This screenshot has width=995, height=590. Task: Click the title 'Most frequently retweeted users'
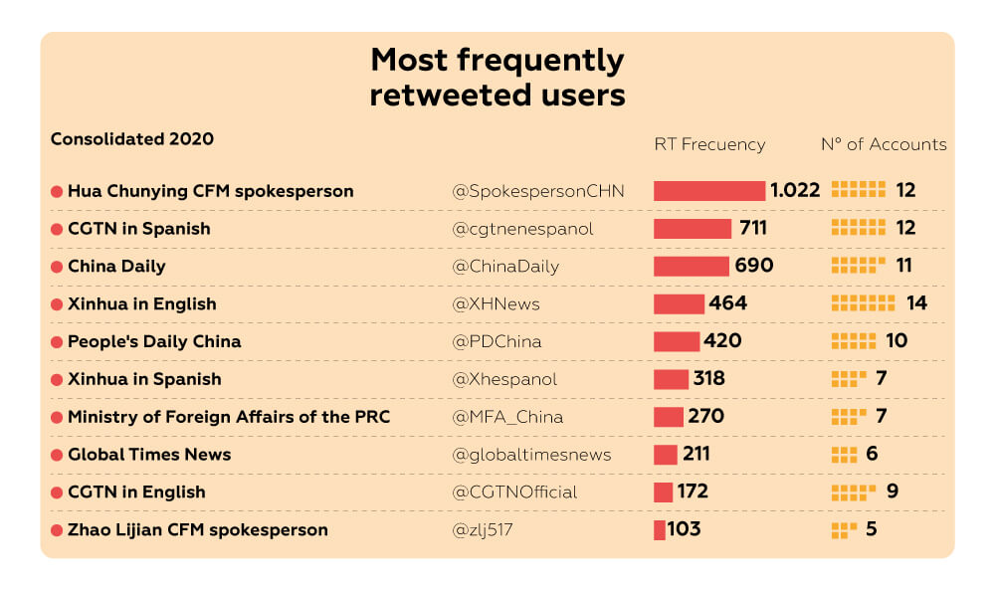[497, 78]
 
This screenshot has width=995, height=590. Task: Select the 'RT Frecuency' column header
[709, 144]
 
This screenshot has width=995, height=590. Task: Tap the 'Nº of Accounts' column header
[883, 144]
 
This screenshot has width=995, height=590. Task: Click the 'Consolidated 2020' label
[132, 139]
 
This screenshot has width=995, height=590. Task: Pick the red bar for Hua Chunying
[708, 191]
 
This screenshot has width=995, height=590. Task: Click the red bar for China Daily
[691, 267]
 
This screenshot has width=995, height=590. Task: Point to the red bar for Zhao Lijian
[659, 530]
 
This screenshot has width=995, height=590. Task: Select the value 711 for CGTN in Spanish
[753, 229]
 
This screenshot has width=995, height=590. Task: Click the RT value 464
[727, 303]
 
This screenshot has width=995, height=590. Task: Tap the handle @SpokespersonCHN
[538, 191]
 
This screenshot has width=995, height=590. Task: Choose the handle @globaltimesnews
[531, 455]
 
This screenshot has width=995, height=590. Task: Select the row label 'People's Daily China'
[154, 341]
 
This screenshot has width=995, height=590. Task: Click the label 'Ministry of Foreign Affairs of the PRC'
[229, 417]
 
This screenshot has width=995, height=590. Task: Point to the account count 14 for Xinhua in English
[916, 303]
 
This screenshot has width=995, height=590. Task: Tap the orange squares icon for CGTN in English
[853, 492]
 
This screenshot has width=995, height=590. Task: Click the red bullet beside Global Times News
[57, 455]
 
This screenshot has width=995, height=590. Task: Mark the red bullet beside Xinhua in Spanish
[57, 379]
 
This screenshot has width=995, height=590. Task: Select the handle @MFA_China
[507, 417]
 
